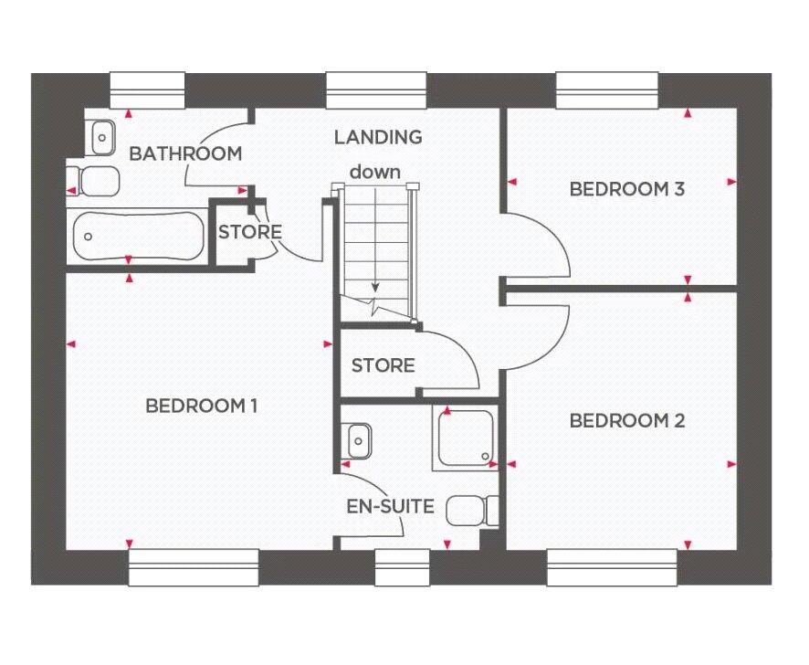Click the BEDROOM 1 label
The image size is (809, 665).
[202, 406]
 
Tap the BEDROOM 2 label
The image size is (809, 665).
[626, 421]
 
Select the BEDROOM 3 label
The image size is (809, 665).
[626, 190]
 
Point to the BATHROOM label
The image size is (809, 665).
[185, 153]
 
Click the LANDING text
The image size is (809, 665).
[377, 138]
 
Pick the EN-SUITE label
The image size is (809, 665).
[390, 506]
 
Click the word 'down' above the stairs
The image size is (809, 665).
[374, 171]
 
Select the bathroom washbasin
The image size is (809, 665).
[102, 138]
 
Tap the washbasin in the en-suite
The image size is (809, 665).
[357, 441]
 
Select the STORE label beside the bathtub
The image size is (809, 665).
[249, 232]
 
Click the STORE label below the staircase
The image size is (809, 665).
[383, 366]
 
